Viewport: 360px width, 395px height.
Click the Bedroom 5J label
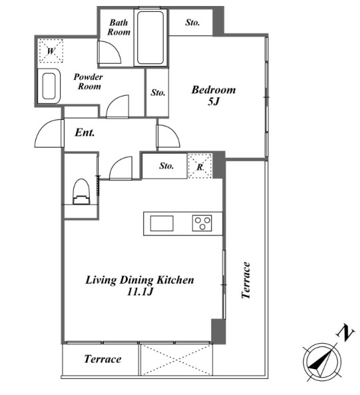tap(214, 96)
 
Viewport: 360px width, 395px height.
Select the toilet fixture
tap(81, 192)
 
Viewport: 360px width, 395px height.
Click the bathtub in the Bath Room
tap(150, 37)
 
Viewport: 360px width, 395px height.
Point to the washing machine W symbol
tap(51, 51)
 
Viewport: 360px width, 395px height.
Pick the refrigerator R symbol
tap(200, 166)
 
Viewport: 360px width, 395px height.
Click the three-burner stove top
tap(202, 223)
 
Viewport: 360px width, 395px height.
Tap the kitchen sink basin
tap(162, 223)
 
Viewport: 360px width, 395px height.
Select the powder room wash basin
tap(49, 86)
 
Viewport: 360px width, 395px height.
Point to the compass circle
tap(321, 362)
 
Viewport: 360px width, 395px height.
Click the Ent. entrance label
tap(85, 132)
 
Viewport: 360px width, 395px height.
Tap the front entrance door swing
tap(49, 133)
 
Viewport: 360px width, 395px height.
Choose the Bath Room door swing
tap(109, 52)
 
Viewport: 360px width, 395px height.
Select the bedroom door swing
tap(168, 136)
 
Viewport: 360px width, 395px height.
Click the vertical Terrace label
tap(246, 280)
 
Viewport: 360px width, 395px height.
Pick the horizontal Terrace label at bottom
tap(102, 358)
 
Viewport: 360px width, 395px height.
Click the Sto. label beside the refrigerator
tap(166, 166)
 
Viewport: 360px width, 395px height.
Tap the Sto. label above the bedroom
tap(192, 23)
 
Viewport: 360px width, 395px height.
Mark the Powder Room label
tap(89, 81)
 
